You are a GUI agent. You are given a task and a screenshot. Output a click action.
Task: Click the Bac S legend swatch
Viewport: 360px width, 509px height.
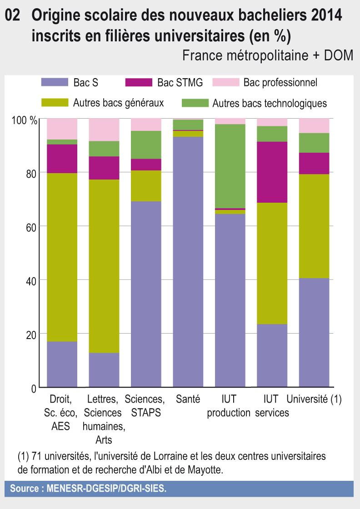click(55, 82)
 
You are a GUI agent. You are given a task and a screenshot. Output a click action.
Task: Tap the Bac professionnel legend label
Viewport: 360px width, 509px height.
click(280, 82)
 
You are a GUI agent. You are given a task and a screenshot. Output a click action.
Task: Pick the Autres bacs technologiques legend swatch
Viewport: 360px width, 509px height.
click(195, 103)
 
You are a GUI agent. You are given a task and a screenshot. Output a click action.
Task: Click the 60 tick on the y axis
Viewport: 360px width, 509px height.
click(30, 226)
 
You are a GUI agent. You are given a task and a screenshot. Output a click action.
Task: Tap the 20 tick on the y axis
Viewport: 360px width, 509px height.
click(30, 334)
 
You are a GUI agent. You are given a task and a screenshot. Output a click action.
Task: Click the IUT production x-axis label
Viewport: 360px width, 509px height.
click(229, 406)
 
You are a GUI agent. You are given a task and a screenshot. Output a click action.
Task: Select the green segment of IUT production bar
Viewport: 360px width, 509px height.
click(230, 166)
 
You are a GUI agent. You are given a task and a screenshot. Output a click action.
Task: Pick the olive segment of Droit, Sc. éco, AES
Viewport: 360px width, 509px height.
click(62, 257)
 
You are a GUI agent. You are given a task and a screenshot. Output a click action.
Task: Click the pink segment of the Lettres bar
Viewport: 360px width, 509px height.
click(104, 130)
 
